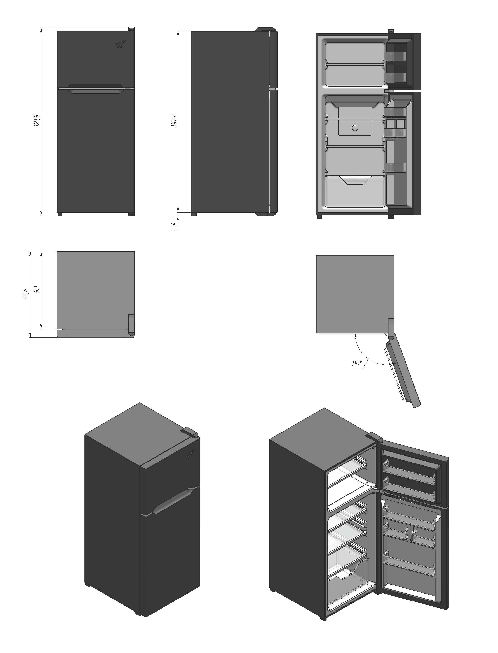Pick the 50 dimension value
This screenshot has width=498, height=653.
point(37,289)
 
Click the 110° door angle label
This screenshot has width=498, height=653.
point(357,364)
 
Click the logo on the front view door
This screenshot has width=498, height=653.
point(120,44)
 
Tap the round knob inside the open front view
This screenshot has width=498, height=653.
point(355,128)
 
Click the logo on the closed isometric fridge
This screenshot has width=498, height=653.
point(190,453)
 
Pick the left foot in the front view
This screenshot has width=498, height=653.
point(60,214)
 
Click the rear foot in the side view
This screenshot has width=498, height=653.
point(194,214)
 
